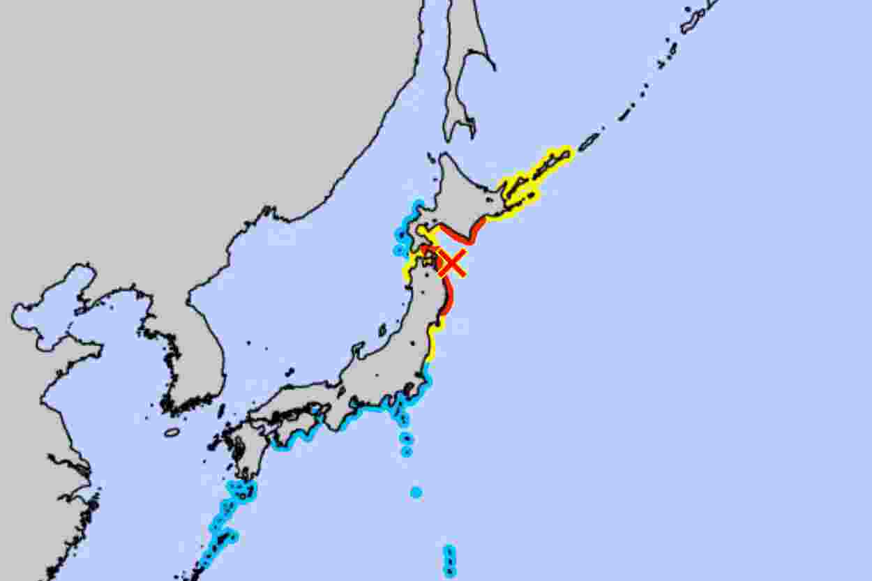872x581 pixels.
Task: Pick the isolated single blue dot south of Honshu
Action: pyautogui.click(x=416, y=492)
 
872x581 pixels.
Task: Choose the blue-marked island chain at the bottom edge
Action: pyautogui.click(x=449, y=561)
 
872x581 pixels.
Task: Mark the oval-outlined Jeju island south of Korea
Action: pyautogui.click(x=172, y=432)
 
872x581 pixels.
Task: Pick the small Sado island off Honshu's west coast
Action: pyautogui.click(x=382, y=329)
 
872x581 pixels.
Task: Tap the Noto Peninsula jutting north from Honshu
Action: pyautogui.click(x=357, y=349)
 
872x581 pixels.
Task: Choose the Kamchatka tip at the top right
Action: pyautogui.click(x=698, y=17)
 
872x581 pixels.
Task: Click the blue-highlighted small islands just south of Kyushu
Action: pyautogui.click(x=241, y=490)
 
